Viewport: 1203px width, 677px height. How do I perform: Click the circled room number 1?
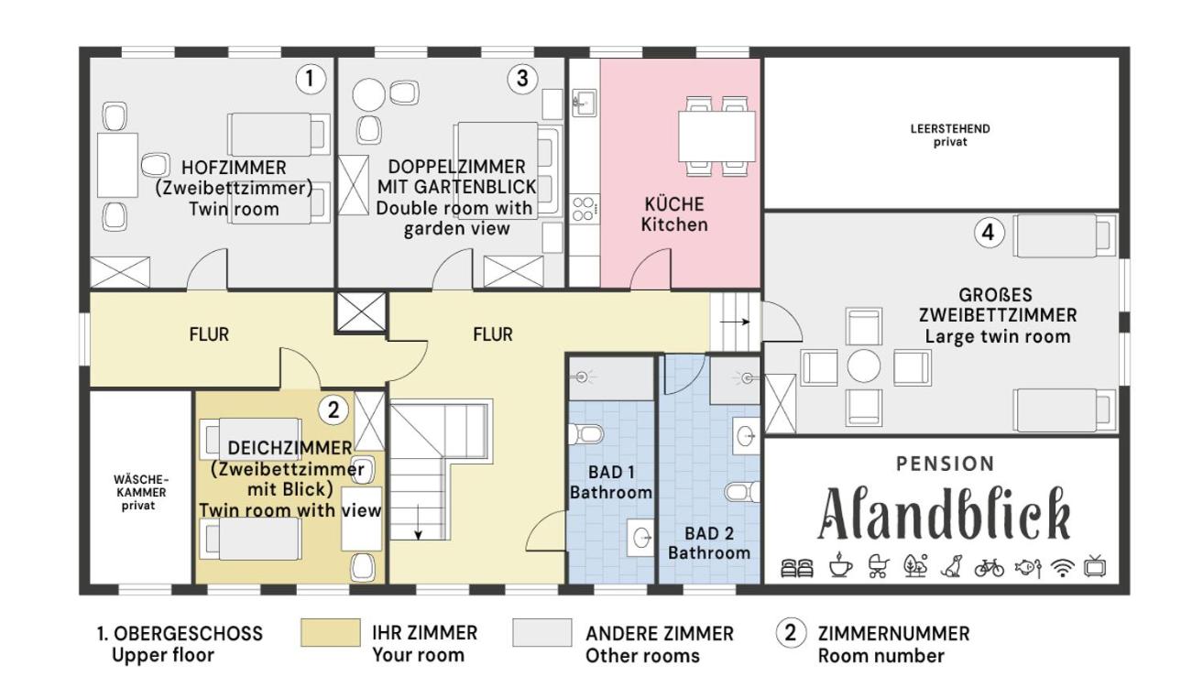311,79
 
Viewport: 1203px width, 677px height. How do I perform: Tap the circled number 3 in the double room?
522,79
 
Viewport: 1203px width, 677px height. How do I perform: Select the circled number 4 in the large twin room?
989,233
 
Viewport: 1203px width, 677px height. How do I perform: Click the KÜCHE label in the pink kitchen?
674,204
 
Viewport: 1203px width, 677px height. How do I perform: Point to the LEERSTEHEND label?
949,129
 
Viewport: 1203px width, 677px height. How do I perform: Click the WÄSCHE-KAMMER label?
141,486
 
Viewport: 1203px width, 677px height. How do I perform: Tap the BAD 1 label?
611,473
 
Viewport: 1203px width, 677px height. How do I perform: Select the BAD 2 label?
709,534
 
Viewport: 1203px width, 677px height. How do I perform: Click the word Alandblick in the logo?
944,514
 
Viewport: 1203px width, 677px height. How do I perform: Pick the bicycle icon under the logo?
989,567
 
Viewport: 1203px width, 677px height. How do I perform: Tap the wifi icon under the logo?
1062,567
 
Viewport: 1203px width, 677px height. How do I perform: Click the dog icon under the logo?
951,567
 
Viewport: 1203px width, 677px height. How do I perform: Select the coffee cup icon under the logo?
840,566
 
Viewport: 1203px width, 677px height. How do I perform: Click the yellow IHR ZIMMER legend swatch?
330,632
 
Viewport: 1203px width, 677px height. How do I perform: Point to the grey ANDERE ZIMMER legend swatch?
542,632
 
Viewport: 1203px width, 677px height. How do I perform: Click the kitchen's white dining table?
716,136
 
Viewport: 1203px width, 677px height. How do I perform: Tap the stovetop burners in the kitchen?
585,209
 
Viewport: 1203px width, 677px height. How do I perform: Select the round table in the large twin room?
864,366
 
